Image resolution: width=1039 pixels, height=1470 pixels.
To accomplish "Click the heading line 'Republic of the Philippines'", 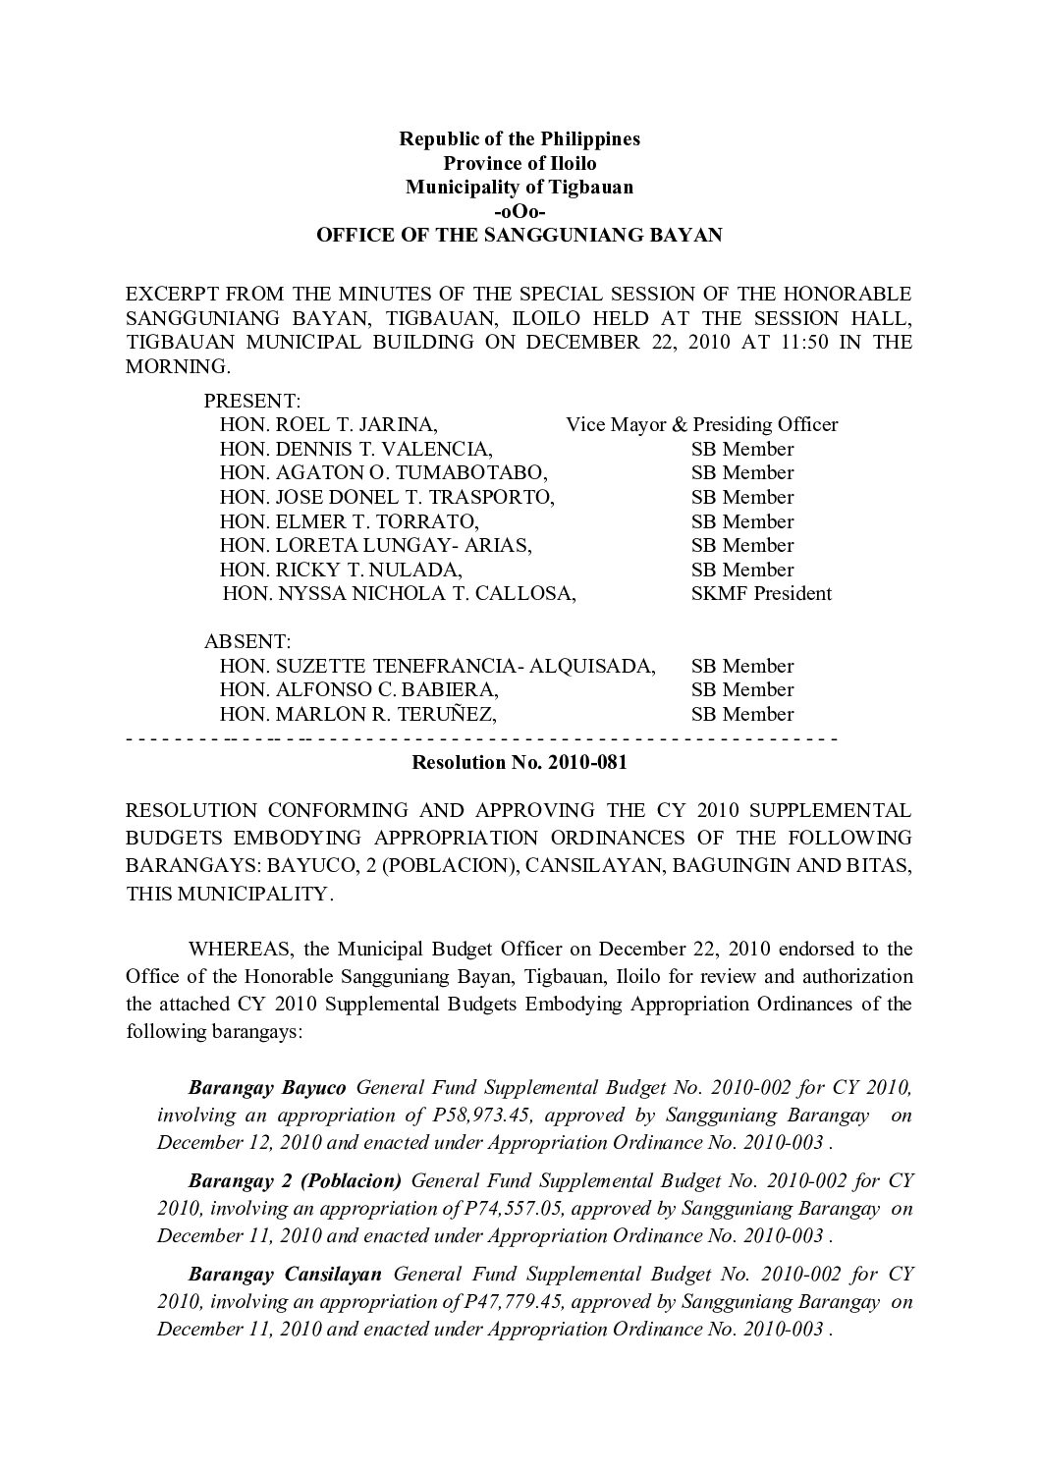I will click(x=519, y=138).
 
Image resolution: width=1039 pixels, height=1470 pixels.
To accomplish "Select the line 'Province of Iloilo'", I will click(x=519, y=163).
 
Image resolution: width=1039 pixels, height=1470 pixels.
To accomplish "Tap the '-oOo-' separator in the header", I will click(x=519, y=211).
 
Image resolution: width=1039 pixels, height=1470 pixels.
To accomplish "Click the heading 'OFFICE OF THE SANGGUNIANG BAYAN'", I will click(x=519, y=236).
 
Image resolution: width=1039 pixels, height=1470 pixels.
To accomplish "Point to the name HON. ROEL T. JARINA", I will click(x=329, y=425).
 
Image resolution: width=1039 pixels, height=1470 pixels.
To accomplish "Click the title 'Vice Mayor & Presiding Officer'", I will click(x=701, y=425).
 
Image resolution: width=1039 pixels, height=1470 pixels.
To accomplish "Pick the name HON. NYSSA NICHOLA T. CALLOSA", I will click(x=399, y=593).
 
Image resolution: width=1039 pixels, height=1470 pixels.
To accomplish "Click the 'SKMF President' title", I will click(x=761, y=593).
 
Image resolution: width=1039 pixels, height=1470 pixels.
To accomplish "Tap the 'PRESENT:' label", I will click(x=251, y=401).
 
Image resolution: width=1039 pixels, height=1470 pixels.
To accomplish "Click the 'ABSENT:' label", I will click(x=246, y=642).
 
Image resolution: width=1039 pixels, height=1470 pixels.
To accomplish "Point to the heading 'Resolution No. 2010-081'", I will click(x=519, y=762).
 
